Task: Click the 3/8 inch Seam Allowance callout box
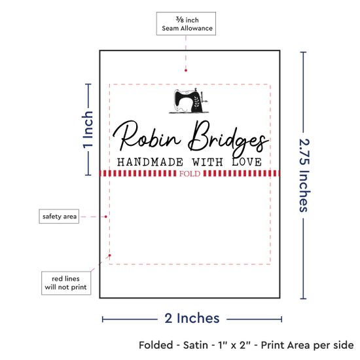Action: tap(186, 24)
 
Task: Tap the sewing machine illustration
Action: tap(189, 101)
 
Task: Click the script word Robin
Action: tap(147, 137)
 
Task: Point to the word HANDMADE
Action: tap(150, 162)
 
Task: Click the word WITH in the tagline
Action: tap(207, 162)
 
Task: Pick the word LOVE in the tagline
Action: tap(247, 162)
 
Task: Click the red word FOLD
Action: tap(190, 174)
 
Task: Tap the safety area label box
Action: tap(59, 216)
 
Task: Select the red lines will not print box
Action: tap(66, 283)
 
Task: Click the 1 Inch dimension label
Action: tap(88, 130)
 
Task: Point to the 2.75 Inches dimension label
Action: tap(304, 175)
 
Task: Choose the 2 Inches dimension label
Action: tap(192, 318)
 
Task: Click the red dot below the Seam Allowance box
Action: tap(186, 71)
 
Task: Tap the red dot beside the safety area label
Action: tap(106, 217)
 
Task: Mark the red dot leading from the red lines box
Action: tap(110, 255)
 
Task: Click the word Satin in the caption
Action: tap(196, 345)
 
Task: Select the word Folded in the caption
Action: tap(156, 345)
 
